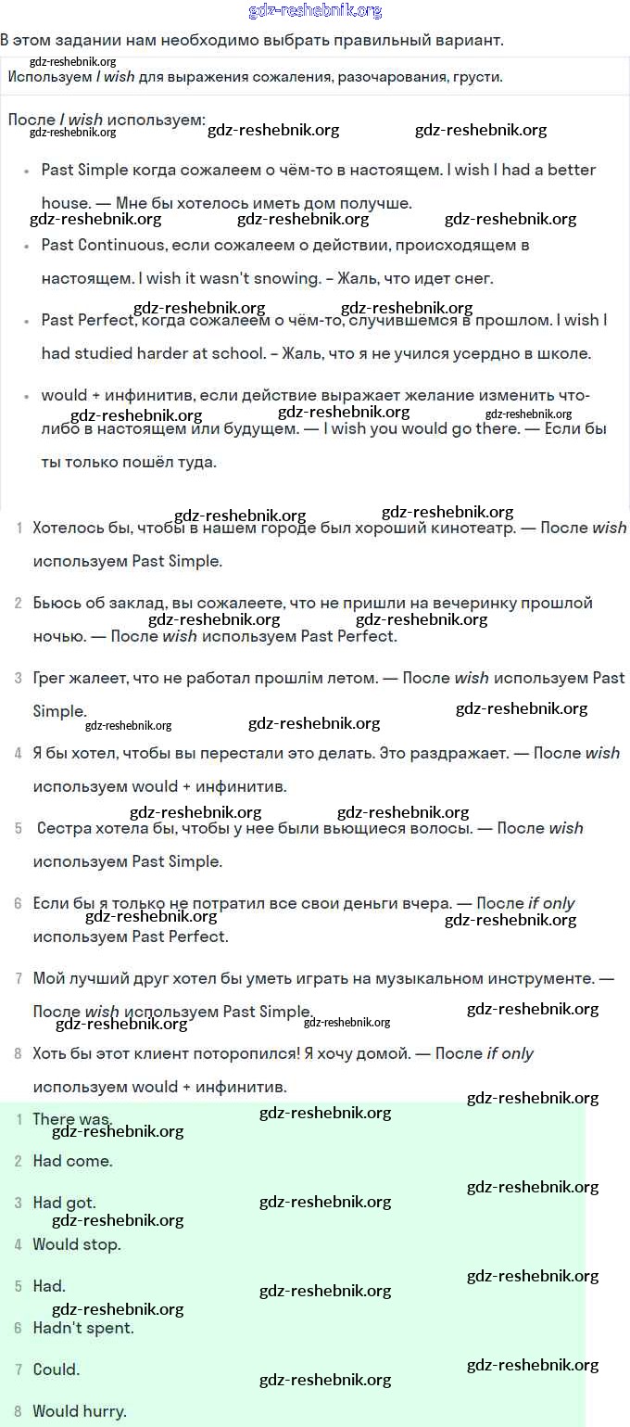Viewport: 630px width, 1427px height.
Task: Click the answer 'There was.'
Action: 72,1119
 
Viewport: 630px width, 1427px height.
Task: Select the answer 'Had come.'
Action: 72,1161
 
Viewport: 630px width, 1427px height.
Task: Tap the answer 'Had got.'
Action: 64,1203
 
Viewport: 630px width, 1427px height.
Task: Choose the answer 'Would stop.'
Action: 77,1244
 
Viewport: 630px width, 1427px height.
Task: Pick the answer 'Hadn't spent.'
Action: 83,1328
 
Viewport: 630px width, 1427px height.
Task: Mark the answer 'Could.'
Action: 57,1370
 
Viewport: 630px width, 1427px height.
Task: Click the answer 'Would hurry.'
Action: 80,1411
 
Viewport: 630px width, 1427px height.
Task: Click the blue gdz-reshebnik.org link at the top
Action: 315,11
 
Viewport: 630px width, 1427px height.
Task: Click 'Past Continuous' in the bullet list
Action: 102,245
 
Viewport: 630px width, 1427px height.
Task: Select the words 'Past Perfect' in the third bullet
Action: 88,320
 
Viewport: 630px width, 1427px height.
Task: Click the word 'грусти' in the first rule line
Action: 477,77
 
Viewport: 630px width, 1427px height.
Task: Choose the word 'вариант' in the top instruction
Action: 471,41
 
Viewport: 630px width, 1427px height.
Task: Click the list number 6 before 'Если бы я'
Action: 19,903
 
